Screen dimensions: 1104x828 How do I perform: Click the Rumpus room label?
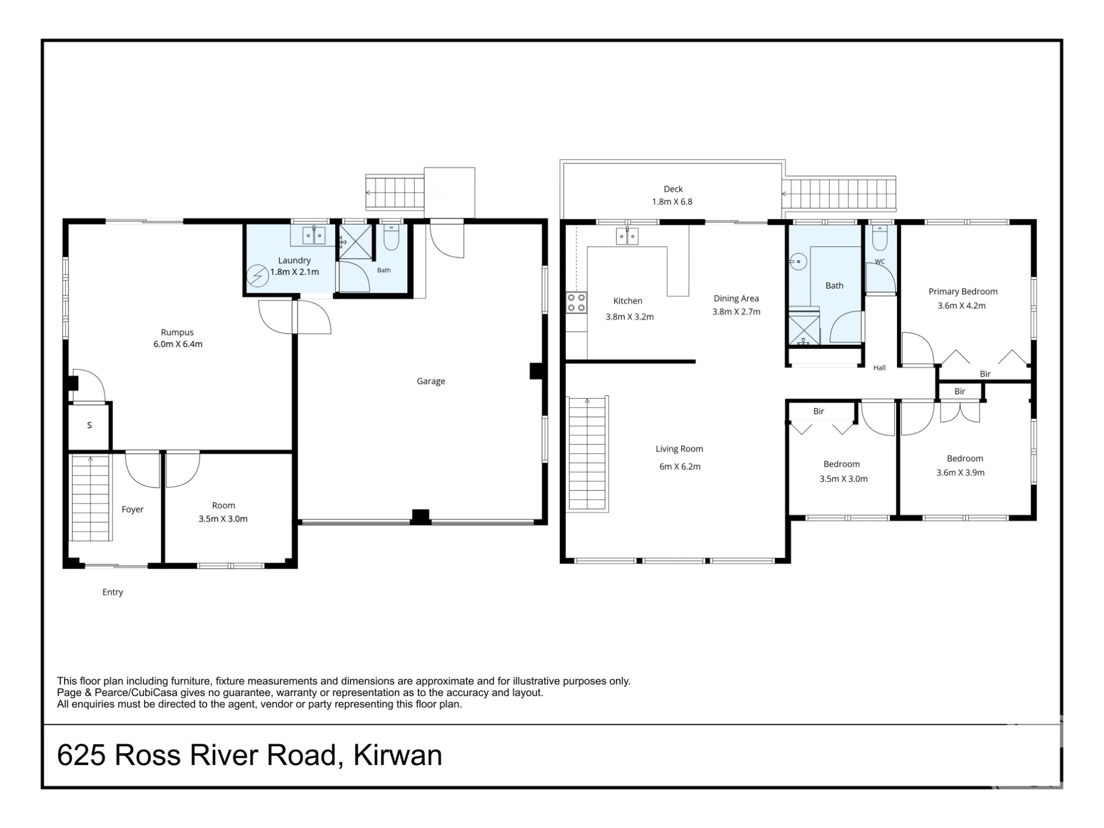[177, 332]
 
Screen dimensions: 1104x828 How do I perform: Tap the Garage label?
[431, 381]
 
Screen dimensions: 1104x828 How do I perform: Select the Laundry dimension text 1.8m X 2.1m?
[294, 272]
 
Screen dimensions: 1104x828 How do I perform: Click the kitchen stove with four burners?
[576, 303]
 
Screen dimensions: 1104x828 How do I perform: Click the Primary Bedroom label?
[963, 291]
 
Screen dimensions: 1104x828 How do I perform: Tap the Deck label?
[673, 189]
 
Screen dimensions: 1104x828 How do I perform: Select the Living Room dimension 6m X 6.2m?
[680, 466]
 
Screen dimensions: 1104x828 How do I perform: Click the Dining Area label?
[736, 298]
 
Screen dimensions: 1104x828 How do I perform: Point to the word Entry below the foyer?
[113, 592]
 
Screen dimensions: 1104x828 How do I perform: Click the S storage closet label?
[89, 425]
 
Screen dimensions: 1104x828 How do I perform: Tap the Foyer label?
[132, 509]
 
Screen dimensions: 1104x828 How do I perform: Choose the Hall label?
[879, 368]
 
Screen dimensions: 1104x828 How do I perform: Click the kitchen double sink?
[627, 236]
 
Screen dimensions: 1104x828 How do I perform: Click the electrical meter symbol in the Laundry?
[257, 276]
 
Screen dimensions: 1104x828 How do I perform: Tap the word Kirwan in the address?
[397, 755]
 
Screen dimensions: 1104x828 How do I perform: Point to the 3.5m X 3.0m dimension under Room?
[223, 519]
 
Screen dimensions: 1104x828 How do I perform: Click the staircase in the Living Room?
[587, 454]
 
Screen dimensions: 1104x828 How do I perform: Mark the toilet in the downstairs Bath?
[391, 237]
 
